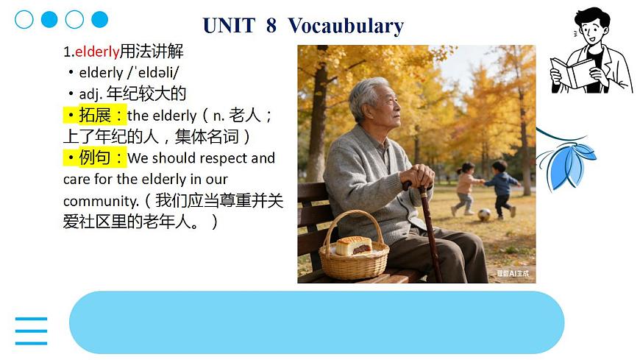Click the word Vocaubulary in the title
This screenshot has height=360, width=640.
coord(346,26)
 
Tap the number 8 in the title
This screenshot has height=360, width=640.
coord(271,26)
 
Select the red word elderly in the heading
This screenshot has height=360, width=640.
coord(97,52)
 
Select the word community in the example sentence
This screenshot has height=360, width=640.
coord(100,201)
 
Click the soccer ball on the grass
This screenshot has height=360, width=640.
coord(484,215)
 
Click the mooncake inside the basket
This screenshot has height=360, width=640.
coord(353,245)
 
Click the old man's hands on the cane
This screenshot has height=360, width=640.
coord(420,176)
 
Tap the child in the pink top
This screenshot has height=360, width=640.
coord(465,185)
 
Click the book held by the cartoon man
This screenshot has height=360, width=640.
coord(572,71)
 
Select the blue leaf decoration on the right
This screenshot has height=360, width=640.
coord(566,162)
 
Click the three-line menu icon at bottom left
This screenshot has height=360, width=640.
coord(31,331)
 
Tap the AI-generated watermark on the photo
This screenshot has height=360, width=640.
coord(513,274)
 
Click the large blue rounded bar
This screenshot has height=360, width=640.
coord(316,322)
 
